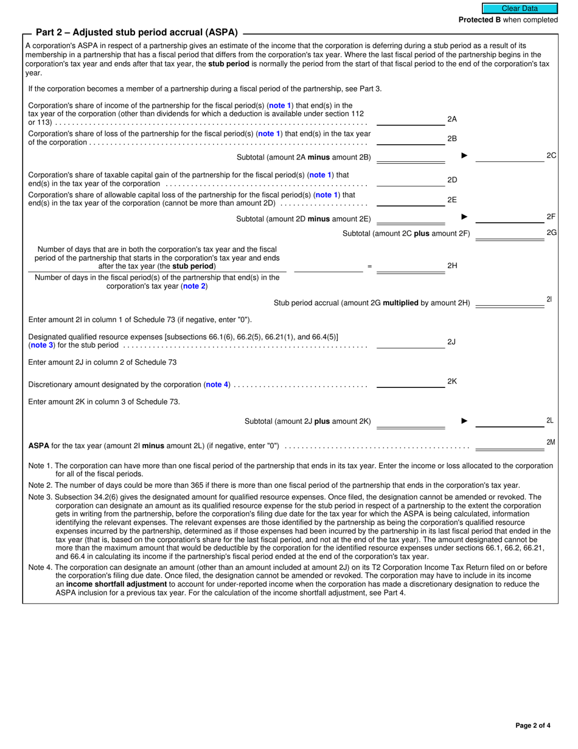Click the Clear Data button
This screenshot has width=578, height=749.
[x=520, y=9]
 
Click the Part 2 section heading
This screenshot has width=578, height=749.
[x=136, y=32]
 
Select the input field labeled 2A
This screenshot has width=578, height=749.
[x=411, y=119]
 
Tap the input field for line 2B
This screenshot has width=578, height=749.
[x=411, y=139]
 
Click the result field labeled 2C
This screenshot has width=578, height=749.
[x=509, y=156]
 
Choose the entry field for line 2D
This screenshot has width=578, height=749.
[x=411, y=180]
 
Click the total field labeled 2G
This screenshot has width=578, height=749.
[x=509, y=233]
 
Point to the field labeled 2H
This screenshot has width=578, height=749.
[x=411, y=266]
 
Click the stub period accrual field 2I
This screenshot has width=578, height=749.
[x=509, y=300]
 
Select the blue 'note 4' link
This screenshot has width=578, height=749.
[x=217, y=385]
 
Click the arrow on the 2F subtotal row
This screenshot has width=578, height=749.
[x=464, y=216]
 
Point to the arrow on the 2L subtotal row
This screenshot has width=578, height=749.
[x=464, y=420]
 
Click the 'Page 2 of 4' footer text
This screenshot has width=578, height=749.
[x=532, y=725]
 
